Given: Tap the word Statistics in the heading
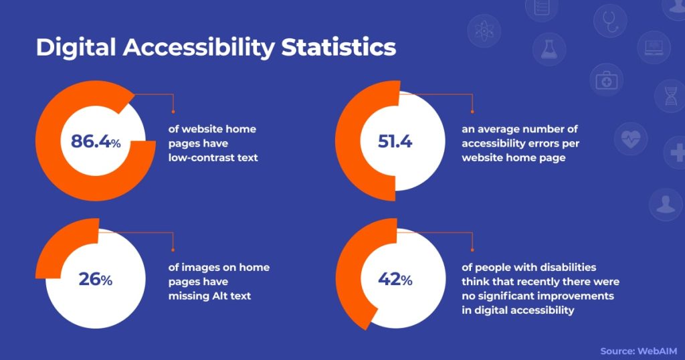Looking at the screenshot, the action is click(338, 48).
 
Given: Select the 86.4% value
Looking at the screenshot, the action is click(96, 142).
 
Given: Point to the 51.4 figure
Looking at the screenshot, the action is click(395, 142).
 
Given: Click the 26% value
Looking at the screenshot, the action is click(95, 279).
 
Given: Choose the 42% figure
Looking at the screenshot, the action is click(395, 279).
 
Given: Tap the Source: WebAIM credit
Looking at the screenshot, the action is click(638, 351).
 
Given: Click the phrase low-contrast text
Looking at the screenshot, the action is click(213, 157).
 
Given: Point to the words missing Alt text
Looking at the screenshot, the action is click(209, 296).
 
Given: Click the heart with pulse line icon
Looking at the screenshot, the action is click(630, 139).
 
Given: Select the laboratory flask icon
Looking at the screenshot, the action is click(549, 50).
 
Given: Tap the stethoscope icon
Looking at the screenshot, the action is click(610, 21).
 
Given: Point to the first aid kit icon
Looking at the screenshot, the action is click(606, 80).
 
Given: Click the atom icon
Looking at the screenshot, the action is click(484, 31).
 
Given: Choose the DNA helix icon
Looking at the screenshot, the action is click(670, 96).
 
